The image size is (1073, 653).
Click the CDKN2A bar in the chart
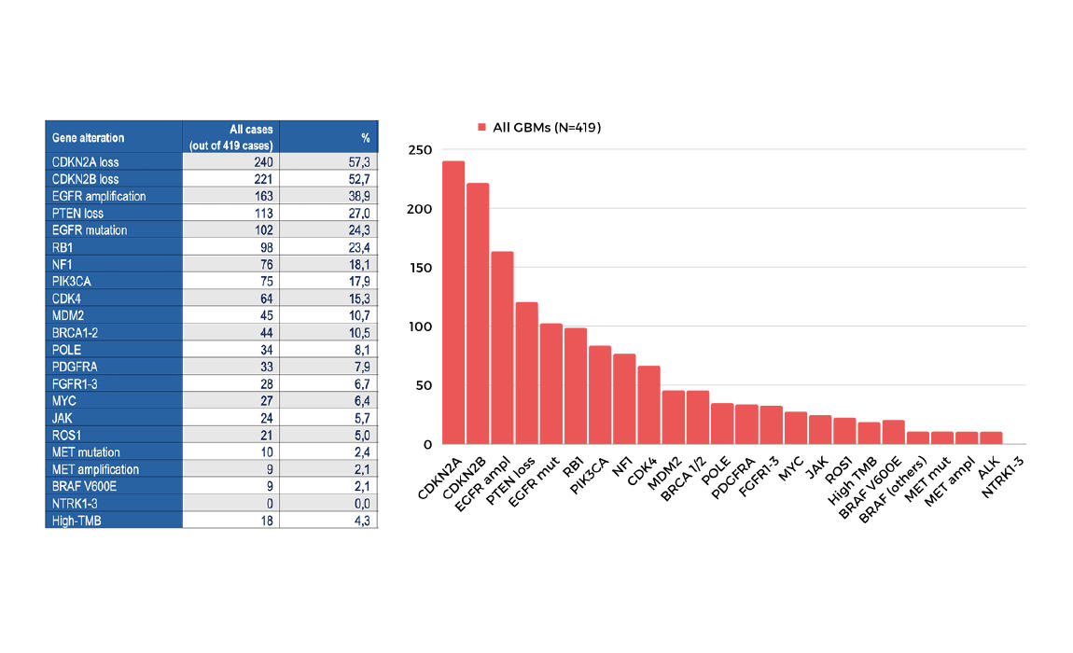click(x=453, y=303)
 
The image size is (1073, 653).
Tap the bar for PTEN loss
click(x=526, y=373)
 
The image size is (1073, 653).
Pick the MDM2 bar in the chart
click(x=673, y=417)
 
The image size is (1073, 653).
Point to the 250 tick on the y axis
click(x=421, y=150)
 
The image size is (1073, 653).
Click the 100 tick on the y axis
click(x=421, y=326)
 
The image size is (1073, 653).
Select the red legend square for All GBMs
click(x=482, y=127)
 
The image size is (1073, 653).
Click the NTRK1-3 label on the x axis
click(x=1002, y=478)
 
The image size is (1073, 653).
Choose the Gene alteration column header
click(x=88, y=137)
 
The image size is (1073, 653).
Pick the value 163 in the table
click(x=262, y=196)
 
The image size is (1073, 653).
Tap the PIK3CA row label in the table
click(x=72, y=281)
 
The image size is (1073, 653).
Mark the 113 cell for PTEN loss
click(x=262, y=213)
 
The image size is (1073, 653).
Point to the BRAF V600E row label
click(x=87, y=486)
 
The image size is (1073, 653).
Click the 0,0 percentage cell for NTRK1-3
click(x=361, y=503)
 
